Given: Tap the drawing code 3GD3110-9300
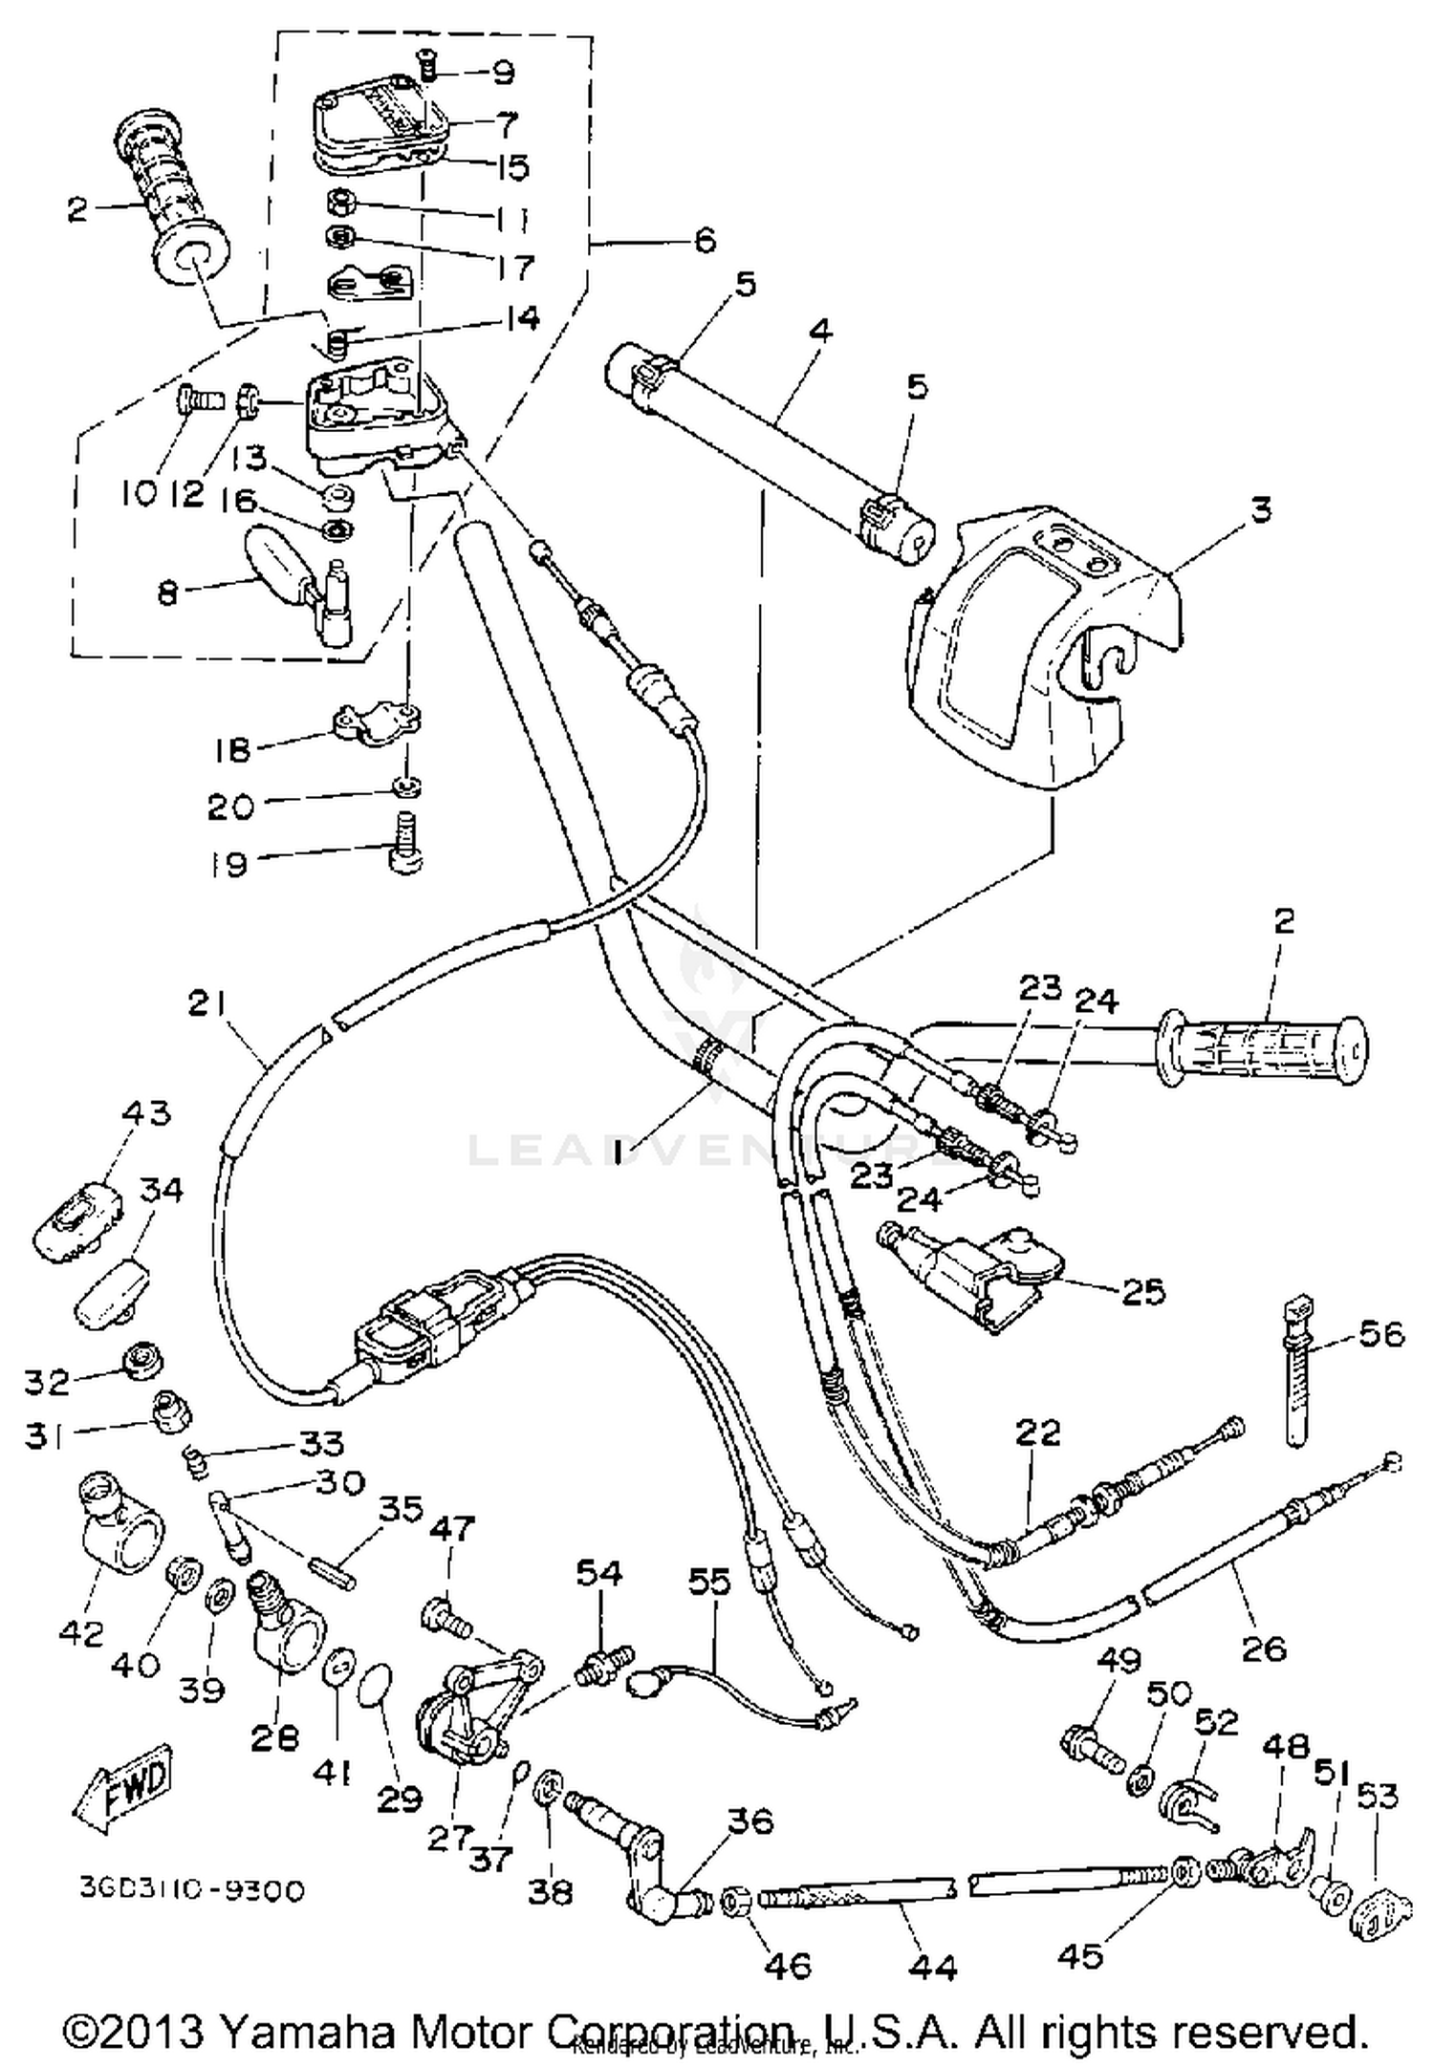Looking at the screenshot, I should tap(191, 1890).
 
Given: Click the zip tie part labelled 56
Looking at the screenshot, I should tap(1299, 1376).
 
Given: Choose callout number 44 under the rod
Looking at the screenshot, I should tap(932, 1968).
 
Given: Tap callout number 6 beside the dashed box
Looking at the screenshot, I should tap(705, 240).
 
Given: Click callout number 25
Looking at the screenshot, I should tap(1144, 1292).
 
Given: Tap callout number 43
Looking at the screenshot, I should tap(146, 1112).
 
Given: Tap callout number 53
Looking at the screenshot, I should tap(1376, 1796).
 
